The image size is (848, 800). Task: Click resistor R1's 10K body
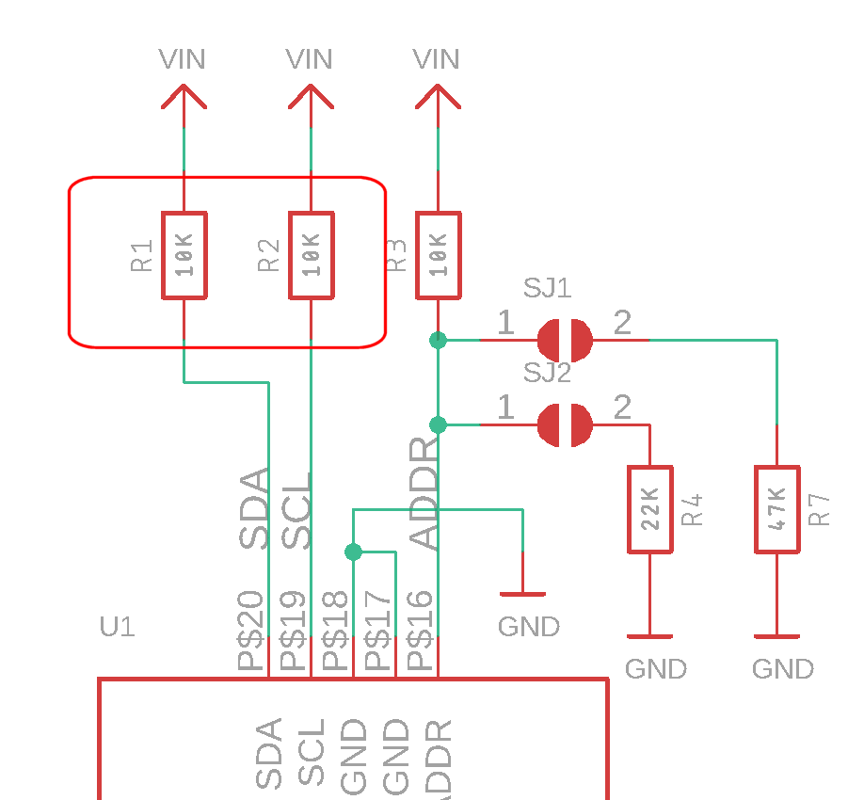(x=184, y=256)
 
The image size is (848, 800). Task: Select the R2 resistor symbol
(x=311, y=256)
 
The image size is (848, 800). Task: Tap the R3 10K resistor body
(x=438, y=256)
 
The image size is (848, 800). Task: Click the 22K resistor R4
(x=650, y=509)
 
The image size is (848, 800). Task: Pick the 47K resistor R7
(x=776, y=509)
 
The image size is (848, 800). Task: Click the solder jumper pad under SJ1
(x=565, y=339)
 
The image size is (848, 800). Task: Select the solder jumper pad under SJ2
(x=565, y=424)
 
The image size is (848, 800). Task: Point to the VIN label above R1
(x=182, y=59)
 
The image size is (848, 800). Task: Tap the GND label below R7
(x=782, y=669)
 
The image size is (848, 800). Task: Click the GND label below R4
(x=656, y=669)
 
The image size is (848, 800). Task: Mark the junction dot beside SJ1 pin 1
(x=438, y=340)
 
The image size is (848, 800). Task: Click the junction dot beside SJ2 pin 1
(x=438, y=424)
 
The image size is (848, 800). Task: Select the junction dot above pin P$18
(x=353, y=551)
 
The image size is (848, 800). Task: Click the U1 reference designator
(x=118, y=627)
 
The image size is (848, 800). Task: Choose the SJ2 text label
(x=547, y=373)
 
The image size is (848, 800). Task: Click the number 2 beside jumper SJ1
(x=622, y=324)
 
